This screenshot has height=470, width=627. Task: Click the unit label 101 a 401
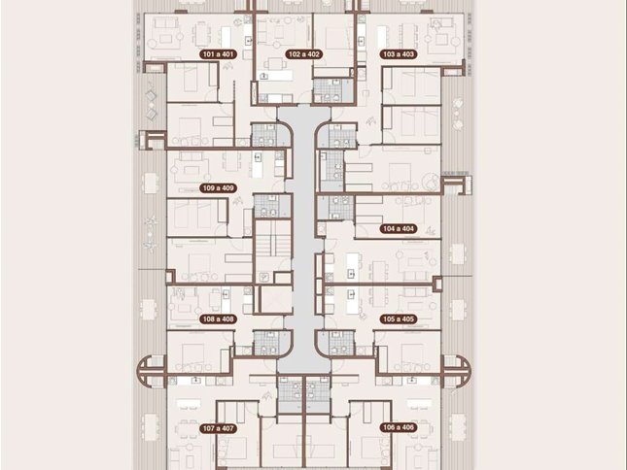point(218,54)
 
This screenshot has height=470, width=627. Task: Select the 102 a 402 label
point(303,54)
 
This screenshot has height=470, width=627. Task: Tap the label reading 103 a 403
point(399,54)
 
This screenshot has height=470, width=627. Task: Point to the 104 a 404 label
point(399,229)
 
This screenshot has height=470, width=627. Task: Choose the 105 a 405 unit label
point(399,319)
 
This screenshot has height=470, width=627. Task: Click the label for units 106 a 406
point(399,427)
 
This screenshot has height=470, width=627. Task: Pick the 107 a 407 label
point(218,428)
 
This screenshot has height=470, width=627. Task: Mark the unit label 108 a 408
point(218,319)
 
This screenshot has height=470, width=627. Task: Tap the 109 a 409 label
point(218,188)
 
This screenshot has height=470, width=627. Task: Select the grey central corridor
point(304,240)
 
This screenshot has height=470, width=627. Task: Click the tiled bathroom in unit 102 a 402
point(333,90)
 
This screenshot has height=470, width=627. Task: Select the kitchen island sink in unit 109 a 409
point(258,157)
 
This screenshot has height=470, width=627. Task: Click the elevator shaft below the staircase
point(275,299)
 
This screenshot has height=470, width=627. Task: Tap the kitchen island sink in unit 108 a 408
point(226,294)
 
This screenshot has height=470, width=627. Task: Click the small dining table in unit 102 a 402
point(276,65)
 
